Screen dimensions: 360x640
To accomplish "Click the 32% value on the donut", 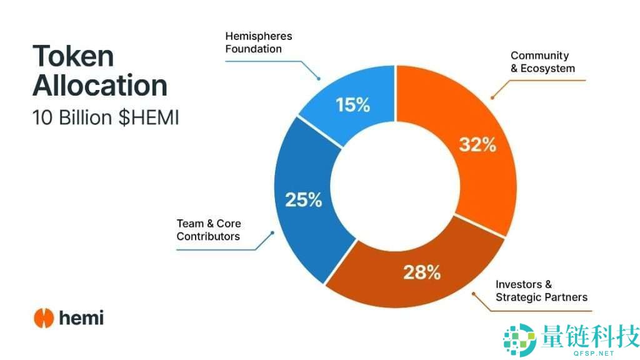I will tap(477, 145).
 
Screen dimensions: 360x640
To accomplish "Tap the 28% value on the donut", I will tap(422, 272).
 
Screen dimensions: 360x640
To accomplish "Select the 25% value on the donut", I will tap(303, 200).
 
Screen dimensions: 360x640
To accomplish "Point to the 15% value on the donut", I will tap(352, 105).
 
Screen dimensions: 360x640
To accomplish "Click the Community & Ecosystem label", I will tap(542, 62).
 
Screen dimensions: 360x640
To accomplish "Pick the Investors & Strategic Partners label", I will tap(541, 291).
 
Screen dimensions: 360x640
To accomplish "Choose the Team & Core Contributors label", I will tap(208, 230).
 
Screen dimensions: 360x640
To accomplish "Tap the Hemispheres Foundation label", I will tap(258, 42).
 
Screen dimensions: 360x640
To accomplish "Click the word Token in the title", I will tap(73, 56).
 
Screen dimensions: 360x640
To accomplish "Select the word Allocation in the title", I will tap(100, 86).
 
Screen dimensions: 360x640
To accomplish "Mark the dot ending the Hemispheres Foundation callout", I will tap(319, 79).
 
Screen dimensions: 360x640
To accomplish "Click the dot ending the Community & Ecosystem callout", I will tap(492, 97).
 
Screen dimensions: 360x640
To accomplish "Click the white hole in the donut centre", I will tap(395, 188).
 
